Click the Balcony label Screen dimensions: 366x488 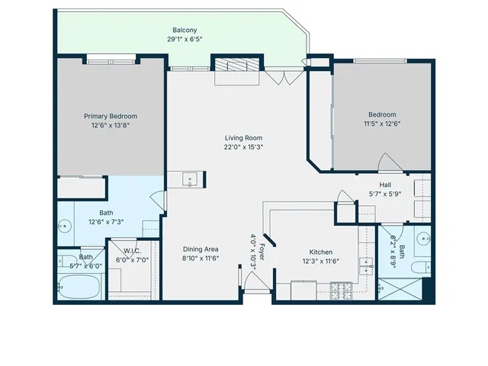pyautogui.click(x=185, y=30)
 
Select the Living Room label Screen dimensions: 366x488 pyautogui.click(x=243, y=138)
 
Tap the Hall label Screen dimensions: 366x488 pyautogui.click(x=385, y=185)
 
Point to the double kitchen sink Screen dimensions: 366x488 pyautogui.click(x=367, y=265)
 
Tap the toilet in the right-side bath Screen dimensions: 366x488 pyautogui.click(x=420, y=267)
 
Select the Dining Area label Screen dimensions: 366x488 pyautogui.click(x=201, y=249)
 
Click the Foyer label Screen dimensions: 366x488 pyautogui.click(x=262, y=251)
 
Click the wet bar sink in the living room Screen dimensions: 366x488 pyautogui.click(x=191, y=180)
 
